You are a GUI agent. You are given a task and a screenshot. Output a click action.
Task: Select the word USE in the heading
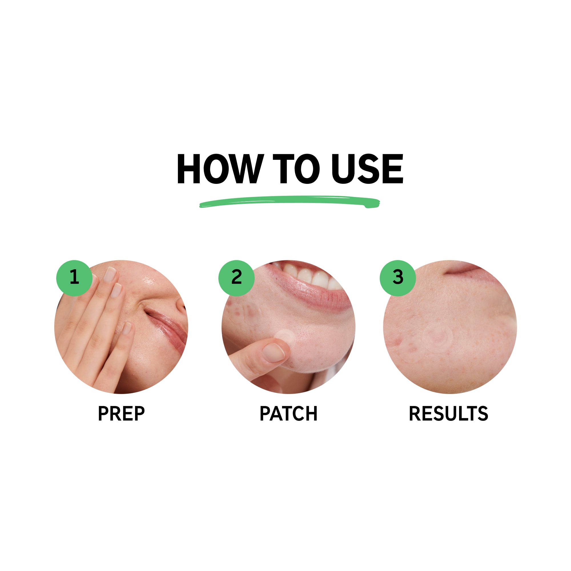pyautogui.click(x=367, y=169)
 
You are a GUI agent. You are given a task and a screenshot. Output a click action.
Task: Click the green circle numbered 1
pyautogui.click(x=74, y=278)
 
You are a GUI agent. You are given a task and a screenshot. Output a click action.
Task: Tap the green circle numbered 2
pyautogui.click(x=236, y=278)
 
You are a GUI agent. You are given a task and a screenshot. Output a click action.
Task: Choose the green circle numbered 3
pyautogui.click(x=397, y=278)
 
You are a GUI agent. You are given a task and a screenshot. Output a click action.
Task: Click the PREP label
pyautogui.click(x=121, y=413)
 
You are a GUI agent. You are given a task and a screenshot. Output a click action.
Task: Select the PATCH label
pyautogui.click(x=288, y=413)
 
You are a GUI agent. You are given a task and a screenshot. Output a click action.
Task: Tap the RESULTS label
pyautogui.click(x=448, y=413)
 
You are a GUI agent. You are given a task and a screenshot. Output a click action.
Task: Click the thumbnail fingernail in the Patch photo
pyautogui.click(x=274, y=353)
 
